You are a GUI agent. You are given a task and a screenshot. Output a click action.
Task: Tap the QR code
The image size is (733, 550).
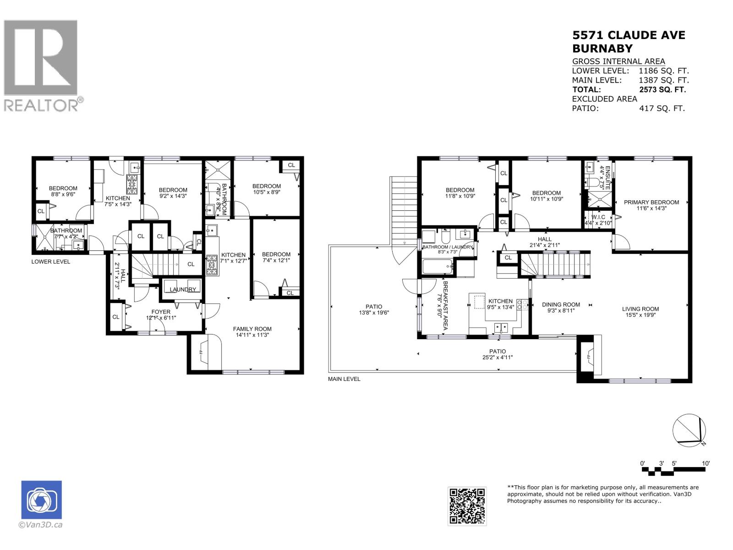[x=467, y=506]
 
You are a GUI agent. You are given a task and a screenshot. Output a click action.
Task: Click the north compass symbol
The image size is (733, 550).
[x=689, y=430]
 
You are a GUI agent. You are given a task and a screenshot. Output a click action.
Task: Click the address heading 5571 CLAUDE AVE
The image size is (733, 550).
[x=629, y=35]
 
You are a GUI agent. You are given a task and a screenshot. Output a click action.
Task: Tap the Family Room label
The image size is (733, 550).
[x=252, y=329]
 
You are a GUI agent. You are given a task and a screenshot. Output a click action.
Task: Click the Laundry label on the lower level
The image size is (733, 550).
[x=183, y=289]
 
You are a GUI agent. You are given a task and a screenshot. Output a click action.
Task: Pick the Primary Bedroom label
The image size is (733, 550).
[x=651, y=202]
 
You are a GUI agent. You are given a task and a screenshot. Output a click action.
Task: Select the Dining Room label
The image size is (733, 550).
[x=561, y=304]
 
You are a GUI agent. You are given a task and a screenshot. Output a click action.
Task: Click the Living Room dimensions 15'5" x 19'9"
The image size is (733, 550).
[x=640, y=315]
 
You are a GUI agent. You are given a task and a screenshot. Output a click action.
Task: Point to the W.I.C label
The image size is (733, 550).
[x=598, y=217]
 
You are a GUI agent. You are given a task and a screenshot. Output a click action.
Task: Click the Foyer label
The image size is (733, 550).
[x=161, y=312]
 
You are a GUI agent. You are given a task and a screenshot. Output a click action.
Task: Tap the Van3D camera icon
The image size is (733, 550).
[x=41, y=500]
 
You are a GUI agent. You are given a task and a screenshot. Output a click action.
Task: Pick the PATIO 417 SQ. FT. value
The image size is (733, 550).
[x=662, y=109]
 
